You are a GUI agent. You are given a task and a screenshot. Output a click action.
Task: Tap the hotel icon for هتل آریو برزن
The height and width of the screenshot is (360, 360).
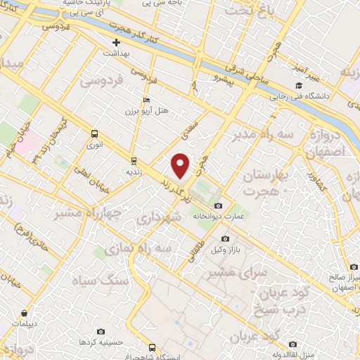pos(146,100)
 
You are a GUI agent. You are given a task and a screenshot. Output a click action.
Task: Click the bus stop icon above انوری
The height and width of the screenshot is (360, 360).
pos(94,134)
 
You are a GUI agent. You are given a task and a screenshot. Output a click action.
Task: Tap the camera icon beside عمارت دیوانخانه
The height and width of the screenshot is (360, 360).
pos(218,206)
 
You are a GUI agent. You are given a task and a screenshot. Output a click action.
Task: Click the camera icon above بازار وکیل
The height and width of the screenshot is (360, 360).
pos(225,239)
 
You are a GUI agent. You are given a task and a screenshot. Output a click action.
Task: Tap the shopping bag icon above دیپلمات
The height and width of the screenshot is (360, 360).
pos(25,314)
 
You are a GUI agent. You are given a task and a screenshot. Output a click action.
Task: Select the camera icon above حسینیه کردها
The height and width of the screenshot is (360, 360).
pos(100,331)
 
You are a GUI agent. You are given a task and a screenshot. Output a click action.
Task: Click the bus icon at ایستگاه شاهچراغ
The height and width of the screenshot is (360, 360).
pos(151,347)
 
